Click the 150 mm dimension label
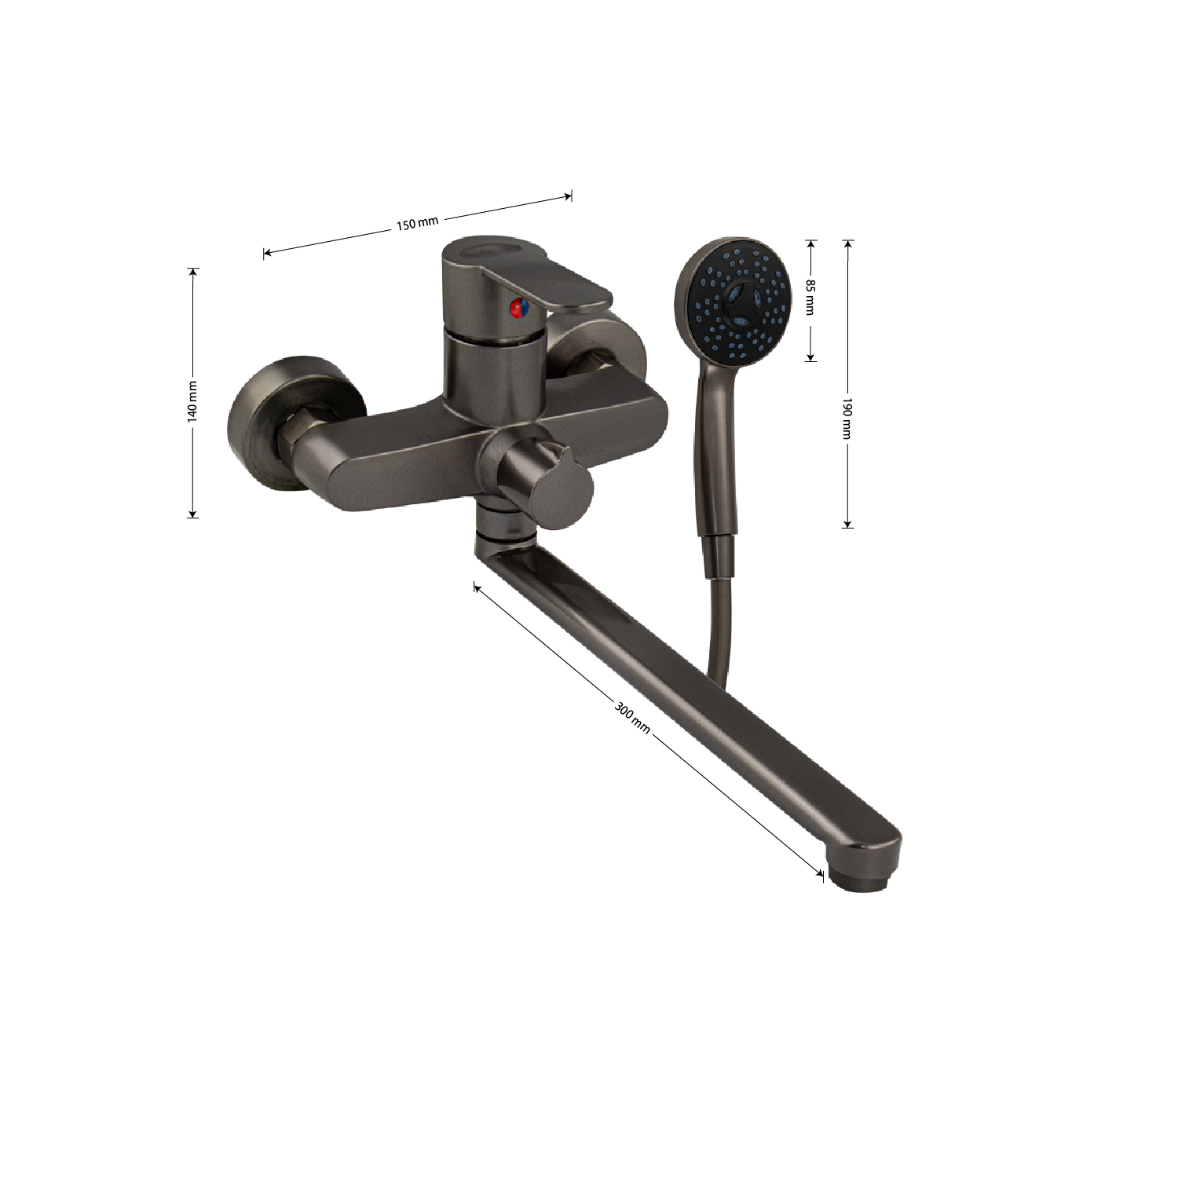pos(417,224)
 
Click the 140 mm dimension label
pos(192,401)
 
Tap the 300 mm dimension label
pos(631,717)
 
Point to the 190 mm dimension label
pos(847,418)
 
